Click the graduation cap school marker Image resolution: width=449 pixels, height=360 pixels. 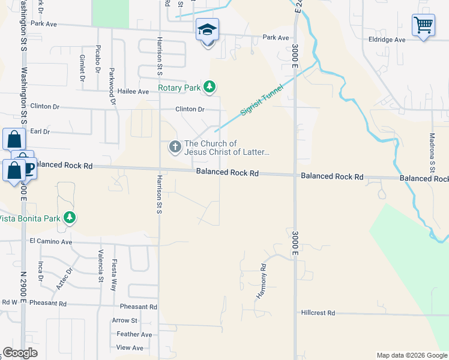point(208,29)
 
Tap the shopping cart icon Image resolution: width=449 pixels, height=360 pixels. point(423,25)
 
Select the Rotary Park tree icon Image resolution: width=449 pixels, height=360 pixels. point(209,88)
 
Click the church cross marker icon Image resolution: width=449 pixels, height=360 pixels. point(175,146)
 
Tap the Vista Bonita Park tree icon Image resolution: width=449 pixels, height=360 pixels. point(70,217)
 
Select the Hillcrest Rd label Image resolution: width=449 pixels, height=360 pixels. point(318,313)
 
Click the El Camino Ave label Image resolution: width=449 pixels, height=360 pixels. point(50,242)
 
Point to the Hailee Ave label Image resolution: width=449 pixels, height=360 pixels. point(133,92)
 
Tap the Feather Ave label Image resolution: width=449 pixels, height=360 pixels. point(134,334)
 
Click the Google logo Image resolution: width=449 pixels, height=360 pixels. point(20,353)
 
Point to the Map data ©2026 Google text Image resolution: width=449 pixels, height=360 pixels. point(411,355)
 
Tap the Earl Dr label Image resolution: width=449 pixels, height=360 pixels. point(40,131)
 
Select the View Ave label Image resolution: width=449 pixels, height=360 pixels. point(130,347)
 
